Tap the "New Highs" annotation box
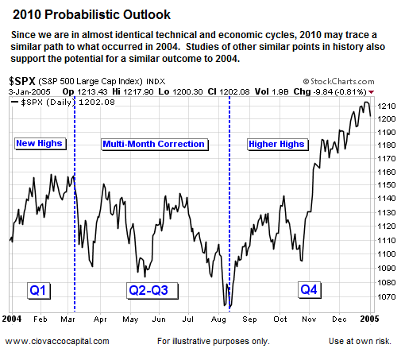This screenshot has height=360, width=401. [x=38, y=144]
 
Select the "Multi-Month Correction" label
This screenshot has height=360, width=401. [x=154, y=144]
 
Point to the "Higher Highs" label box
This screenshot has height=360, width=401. [x=276, y=144]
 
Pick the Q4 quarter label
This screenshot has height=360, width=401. [x=310, y=290]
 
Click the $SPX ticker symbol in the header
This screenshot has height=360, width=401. [x=23, y=81]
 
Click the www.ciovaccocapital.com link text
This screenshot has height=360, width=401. [x=57, y=341]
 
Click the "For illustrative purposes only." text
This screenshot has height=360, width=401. [x=213, y=341]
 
